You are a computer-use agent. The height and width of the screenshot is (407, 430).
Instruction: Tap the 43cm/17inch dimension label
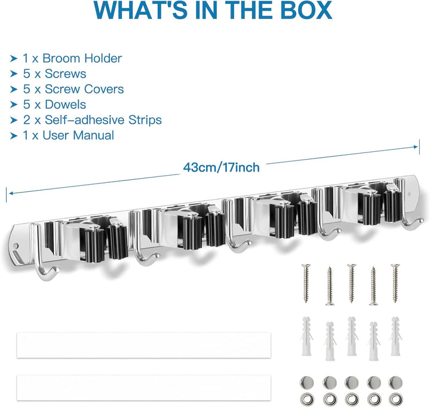(222, 167)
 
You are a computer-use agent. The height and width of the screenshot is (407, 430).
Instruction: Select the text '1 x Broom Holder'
(72, 58)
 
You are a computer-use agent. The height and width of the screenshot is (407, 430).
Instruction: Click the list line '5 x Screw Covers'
(73, 89)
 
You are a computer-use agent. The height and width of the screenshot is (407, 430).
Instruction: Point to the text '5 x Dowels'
(54, 104)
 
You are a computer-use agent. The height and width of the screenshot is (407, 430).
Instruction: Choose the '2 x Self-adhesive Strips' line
(92, 120)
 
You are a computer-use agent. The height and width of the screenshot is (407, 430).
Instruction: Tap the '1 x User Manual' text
(69, 135)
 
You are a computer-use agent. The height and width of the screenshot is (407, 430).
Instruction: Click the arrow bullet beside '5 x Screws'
(14, 74)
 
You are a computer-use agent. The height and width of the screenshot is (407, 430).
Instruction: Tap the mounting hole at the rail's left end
(16, 246)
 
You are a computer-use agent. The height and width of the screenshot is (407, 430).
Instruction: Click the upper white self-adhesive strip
(143, 345)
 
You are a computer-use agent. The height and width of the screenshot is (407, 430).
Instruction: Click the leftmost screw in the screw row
(306, 283)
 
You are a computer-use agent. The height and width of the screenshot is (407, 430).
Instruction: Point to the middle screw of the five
(351, 283)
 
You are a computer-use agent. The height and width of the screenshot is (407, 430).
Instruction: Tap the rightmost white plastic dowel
(395, 336)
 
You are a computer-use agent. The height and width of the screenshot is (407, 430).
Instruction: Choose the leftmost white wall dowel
(306, 336)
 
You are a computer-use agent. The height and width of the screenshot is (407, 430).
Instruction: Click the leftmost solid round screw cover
(307, 382)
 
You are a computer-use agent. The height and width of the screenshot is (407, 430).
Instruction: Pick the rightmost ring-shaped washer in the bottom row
(395, 399)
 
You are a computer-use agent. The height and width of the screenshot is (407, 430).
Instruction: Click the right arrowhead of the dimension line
(417, 147)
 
